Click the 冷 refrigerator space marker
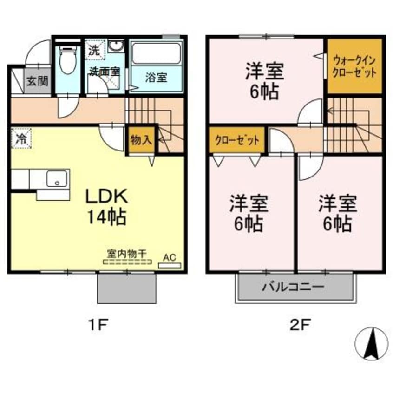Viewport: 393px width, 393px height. point(21,138)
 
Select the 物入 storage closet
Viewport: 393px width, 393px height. point(141,140)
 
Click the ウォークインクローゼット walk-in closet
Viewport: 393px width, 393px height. point(354,66)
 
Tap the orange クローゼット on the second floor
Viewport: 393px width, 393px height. point(236,140)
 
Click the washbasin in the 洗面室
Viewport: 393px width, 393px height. point(116,47)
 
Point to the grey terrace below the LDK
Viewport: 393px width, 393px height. point(126,288)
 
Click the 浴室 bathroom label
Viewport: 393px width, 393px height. point(156,78)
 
